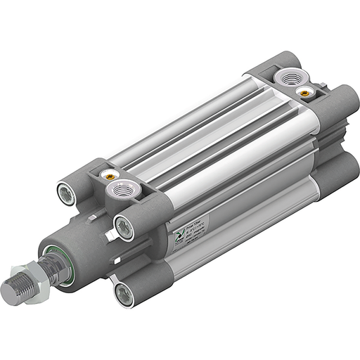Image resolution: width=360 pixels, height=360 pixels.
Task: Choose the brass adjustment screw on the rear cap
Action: (x=304, y=91)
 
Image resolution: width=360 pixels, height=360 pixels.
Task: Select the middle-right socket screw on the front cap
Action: (x=124, y=226)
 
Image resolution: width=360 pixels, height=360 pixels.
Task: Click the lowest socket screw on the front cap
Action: (x=124, y=295)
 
